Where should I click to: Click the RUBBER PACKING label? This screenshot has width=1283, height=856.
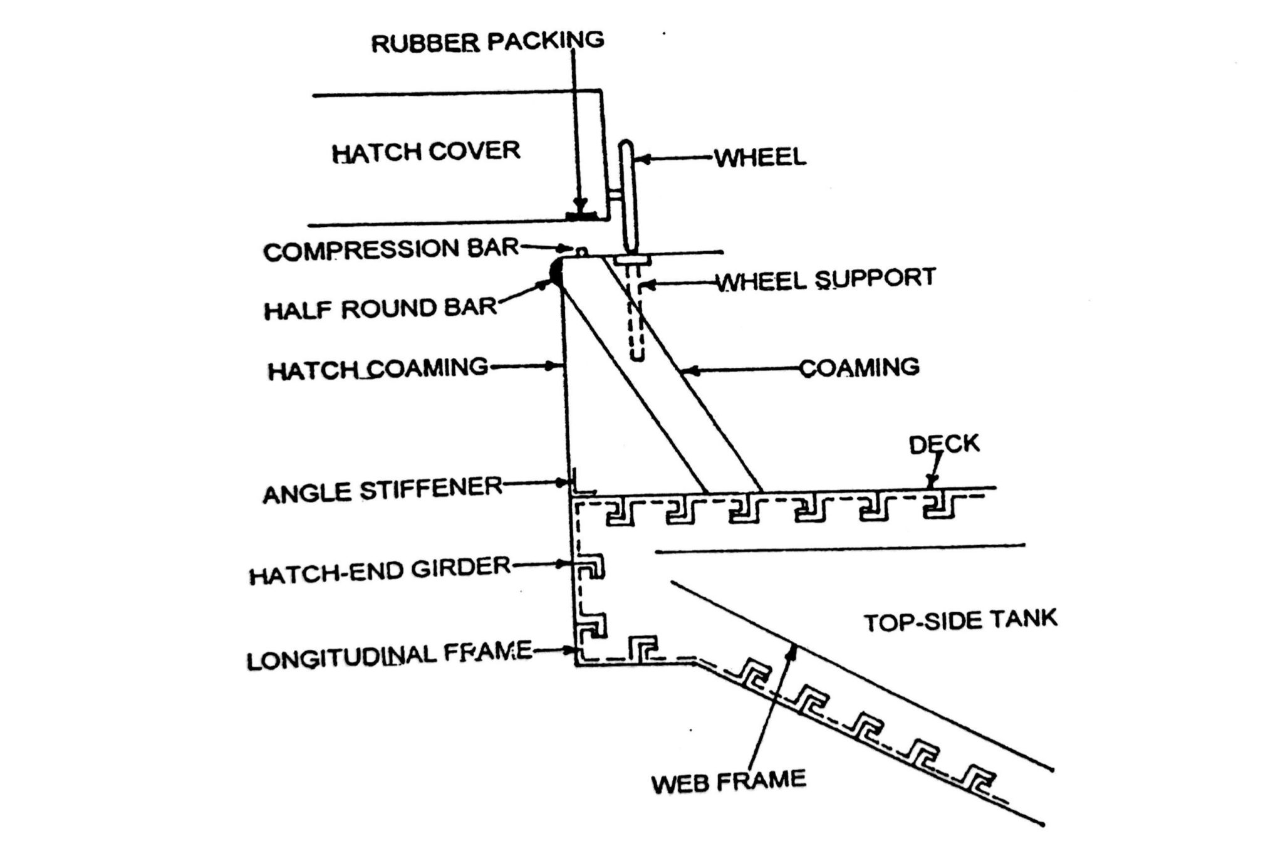487,42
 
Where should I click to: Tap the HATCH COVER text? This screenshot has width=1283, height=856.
426,152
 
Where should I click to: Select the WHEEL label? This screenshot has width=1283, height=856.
760,157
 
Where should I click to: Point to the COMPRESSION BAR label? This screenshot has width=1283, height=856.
391,250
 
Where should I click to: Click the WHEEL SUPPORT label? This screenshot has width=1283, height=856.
826,279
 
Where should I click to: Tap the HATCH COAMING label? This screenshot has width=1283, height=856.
378,369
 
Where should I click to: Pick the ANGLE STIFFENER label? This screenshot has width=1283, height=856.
382,490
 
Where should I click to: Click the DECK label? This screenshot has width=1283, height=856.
944,444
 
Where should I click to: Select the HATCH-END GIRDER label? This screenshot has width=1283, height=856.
380,571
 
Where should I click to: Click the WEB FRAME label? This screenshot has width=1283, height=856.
729,782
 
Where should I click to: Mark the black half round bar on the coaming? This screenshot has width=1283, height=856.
555,273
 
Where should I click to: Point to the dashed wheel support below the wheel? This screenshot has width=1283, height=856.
636,313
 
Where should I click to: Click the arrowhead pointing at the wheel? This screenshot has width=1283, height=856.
640,159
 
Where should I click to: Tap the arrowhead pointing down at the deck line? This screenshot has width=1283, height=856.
932,483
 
